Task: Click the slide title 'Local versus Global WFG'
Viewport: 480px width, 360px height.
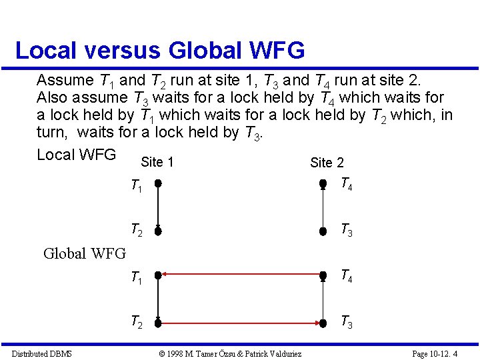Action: coord(159,50)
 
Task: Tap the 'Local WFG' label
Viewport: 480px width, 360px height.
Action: coord(76,155)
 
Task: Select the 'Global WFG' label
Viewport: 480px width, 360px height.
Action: coord(84,253)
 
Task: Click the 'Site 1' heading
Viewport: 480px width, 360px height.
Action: coord(157,162)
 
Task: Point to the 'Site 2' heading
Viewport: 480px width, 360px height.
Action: coord(327,163)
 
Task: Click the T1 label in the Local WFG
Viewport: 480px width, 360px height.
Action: coord(136,187)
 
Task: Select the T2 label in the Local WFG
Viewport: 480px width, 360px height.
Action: coord(136,231)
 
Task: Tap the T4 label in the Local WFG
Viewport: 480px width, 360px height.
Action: coord(346,184)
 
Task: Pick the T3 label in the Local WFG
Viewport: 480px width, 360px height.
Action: coord(346,231)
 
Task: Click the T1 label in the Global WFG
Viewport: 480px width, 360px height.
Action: coord(136,277)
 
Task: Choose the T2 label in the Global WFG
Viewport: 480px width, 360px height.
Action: coord(136,323)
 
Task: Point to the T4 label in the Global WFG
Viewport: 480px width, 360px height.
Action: coord(346,275)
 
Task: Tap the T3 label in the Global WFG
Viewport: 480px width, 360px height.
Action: coord(346,323)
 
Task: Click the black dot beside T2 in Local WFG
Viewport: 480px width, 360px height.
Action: coord(158,231)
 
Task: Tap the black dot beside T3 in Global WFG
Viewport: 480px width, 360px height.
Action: coord(322,324)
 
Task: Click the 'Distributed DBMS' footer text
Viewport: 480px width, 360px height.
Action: coord(42,353)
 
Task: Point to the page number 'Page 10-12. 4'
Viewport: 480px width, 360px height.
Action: coord(435,353)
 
